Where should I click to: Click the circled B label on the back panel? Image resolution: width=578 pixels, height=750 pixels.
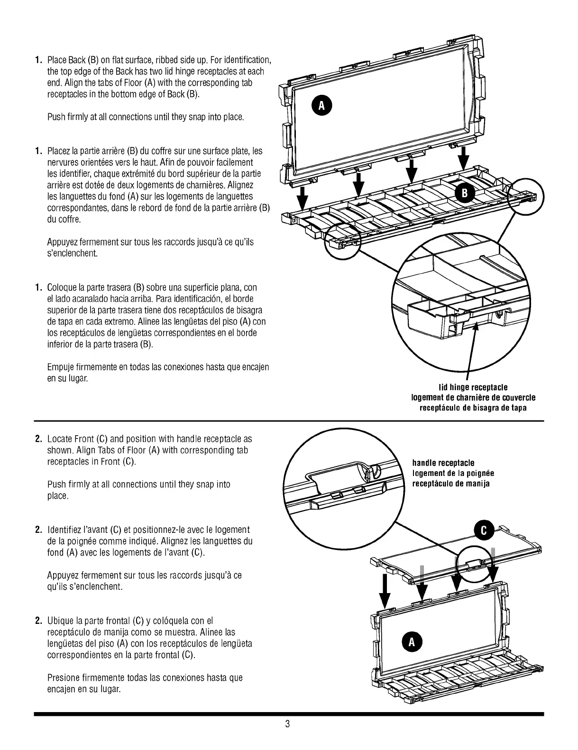click(x=465, y=192)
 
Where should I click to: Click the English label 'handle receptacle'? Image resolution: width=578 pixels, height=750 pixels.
click(x=443, y=463)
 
